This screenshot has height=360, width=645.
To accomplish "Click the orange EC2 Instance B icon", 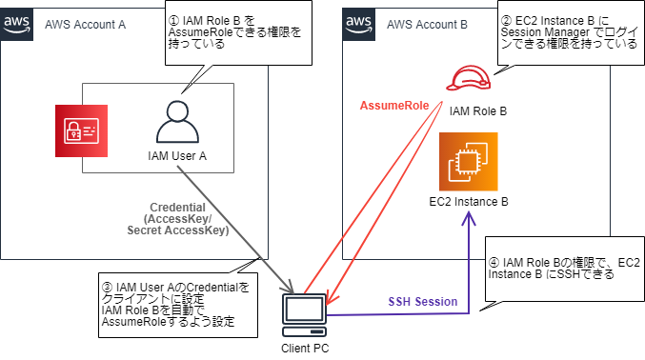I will [467, 163].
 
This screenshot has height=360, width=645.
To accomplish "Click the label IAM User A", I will [177, 155].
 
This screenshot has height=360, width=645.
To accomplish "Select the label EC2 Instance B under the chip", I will [468, 202].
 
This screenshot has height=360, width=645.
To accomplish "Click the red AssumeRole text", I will [393, 104].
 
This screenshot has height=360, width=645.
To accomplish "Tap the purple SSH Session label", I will [422, 301].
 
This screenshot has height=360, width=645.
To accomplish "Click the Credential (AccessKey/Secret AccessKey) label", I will [178, 219].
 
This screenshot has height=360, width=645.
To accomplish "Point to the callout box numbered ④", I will [563, 267].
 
